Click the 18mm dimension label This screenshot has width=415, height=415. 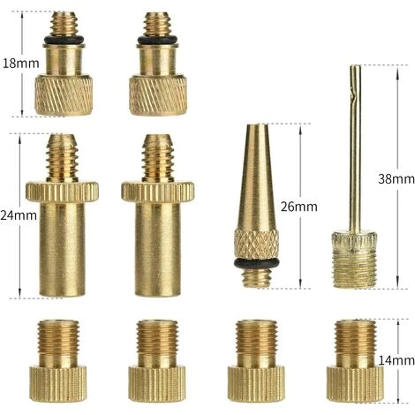click(20, 64)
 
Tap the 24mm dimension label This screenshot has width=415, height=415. click(19, 215)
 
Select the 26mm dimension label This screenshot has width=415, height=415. click(298, 207)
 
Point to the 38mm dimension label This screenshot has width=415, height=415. click(396, 179)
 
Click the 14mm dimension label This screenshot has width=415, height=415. click(396, 360)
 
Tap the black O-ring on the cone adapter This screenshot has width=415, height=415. click(256, 263)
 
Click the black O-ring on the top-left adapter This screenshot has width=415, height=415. click(64, 40)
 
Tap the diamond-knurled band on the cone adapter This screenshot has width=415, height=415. click(256, 245)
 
